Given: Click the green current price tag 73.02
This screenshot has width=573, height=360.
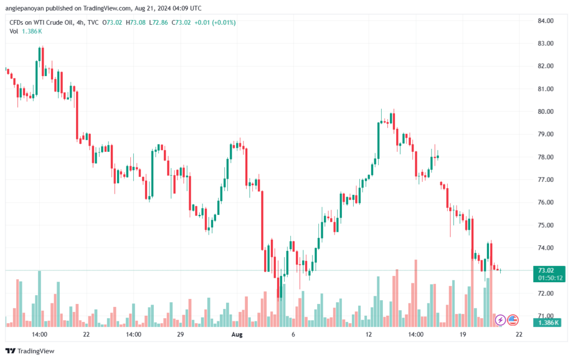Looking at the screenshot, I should pyautogui.click(x=545, y=270).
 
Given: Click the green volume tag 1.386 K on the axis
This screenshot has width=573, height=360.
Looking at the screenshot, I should pyautogui.click(x=545, y=324).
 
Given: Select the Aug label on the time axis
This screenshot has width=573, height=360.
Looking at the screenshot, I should pyautogui.click(x=237, y=334).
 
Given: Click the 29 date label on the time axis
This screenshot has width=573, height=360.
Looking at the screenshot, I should pyautogui.click(x=180, y=334).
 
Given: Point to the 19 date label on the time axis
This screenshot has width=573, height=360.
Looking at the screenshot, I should pyautogui.click(x=463, y=334).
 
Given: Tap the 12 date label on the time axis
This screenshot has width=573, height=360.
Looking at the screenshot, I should pyautogui.click(x=369, y=334).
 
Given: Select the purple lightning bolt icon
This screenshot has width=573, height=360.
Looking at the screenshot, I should pyautogui.click(x=500, y=320).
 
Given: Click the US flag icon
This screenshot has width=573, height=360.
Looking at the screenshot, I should pyautogui.click(x=513, y=320).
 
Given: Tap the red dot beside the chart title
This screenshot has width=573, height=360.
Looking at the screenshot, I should pyautogui.click(x=6, y=22).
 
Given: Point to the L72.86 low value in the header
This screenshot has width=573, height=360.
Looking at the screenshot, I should pyautogui.click(x=159, y=22).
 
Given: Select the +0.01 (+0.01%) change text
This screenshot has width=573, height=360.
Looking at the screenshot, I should pyautogui.click(x=215, y=22).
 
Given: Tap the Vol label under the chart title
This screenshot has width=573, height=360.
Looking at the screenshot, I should pyautogui.click(x=14, y=31).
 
